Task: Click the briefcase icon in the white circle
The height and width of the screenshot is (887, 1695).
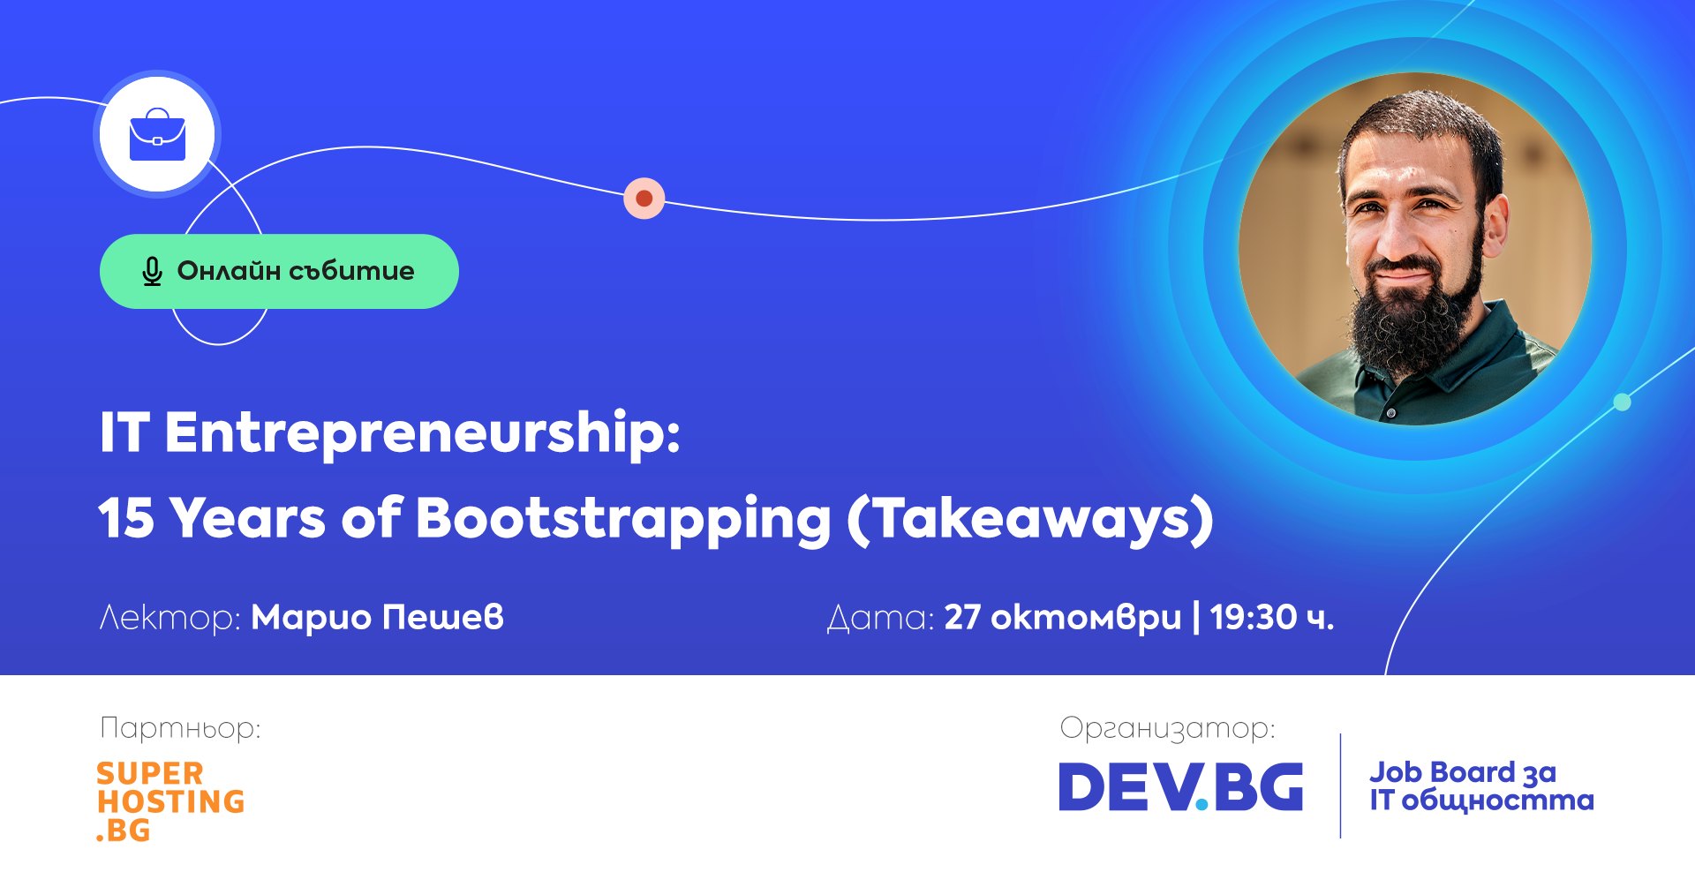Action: pyautogui.click(x=157, y=135)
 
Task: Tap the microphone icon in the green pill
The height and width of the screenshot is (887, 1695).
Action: pyautogui.click(x=152, y=272)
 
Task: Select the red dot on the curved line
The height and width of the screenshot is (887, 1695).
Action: pyautogui.click(x=644, y=198)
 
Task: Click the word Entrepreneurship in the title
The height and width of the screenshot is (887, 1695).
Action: pyautogui.click(x=423, y=433)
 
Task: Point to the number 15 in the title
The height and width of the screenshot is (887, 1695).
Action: pyautogui.click(x=126, y=517)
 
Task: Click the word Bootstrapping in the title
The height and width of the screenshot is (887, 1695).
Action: pyautogui.click(x=623, y=519)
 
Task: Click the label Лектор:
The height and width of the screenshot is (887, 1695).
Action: pyautogui.click(x=169, y=617)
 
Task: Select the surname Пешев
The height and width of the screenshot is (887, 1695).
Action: pyautogui.click(x=442, y=617)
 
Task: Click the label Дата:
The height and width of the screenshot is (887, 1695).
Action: pyautogui.click(x=880, y=618)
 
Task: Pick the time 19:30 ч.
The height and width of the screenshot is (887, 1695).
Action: pyautogui.click(x=1272, y=617)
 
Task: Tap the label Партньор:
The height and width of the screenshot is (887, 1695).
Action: pyautogui.click(x=180, y=729)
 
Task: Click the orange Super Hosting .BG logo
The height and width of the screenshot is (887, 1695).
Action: pyautogui.click(x=170, y=801)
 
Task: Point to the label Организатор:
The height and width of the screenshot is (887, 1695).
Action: pyautogui.click(x=1167, y=729)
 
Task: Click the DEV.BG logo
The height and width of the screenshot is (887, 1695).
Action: pyautogui.click(x=1181, y=786)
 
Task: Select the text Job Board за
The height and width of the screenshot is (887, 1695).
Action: pyautogui.click(x=1462, y=773)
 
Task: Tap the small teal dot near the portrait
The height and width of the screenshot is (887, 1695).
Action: pyautogui.click(x=1623, y=402)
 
